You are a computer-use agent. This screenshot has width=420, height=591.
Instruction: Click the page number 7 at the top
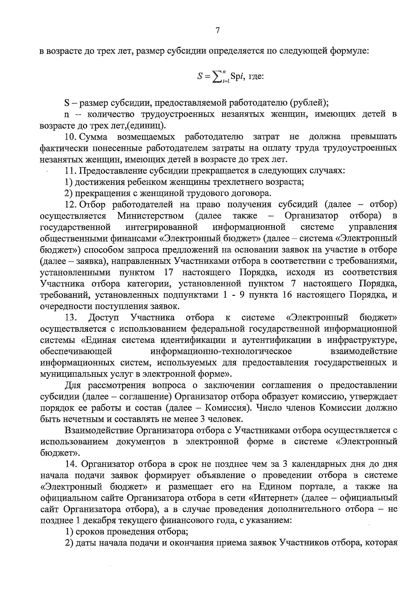[217, 30]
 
